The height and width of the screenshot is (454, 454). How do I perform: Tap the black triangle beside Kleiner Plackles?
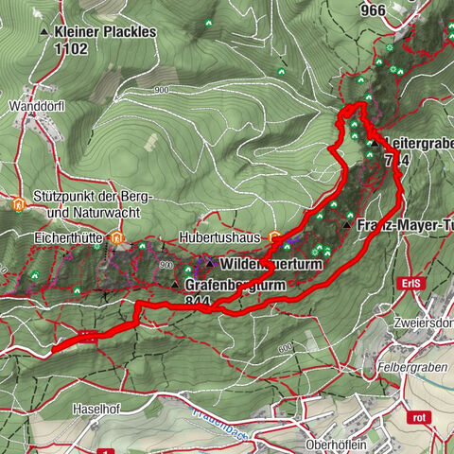pos(44,32)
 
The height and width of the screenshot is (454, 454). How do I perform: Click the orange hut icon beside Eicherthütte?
pos(117,237)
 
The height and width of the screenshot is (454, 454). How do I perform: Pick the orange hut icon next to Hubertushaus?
pos(275,236)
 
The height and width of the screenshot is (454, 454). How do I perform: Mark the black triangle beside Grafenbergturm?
pos(175,284)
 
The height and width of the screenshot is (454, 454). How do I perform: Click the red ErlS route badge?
pos(410,283)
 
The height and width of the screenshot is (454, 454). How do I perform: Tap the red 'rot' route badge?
pos(419,416)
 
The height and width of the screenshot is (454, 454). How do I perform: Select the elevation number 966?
pos(373,10)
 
